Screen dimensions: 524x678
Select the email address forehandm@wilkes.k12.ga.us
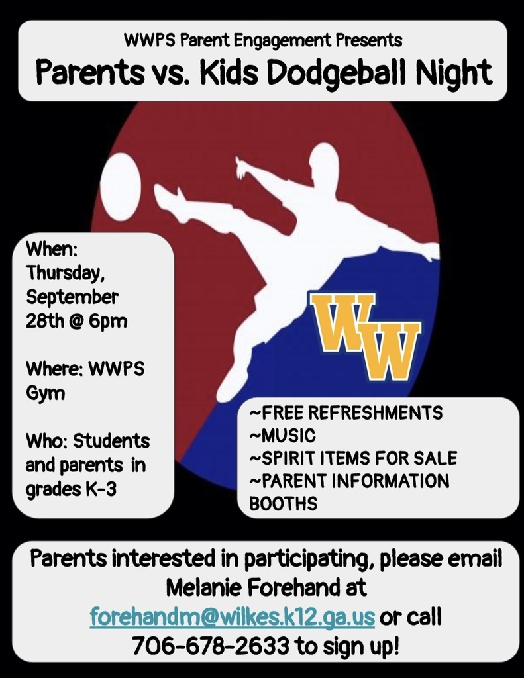[x=233, y=616]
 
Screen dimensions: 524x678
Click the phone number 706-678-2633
[x=210, y=646]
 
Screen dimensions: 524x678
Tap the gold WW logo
[x=364, y=336]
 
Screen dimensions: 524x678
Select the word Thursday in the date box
[x=65, y=273]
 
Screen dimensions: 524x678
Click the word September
[x=72, y=297]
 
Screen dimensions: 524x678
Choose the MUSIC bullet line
[x=283, y=436]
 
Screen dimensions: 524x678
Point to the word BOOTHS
[x=284, y=504]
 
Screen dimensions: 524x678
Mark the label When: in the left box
[x=52, y=249]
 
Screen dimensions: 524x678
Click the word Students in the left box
[x=111, y=441]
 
